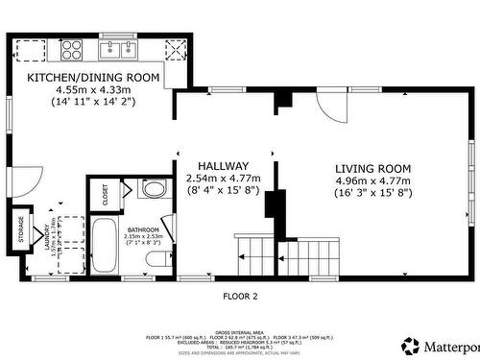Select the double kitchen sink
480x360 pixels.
(x=121, y=47)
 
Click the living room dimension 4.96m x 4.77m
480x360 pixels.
(x=372, y=180)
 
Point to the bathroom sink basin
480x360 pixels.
(x=152, y=188)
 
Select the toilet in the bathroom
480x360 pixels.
(x=153, y=258)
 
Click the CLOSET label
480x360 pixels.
(x=105, y=194)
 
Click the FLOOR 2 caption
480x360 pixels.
(x=240, y=297)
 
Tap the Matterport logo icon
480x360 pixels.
(x=410, y=345)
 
